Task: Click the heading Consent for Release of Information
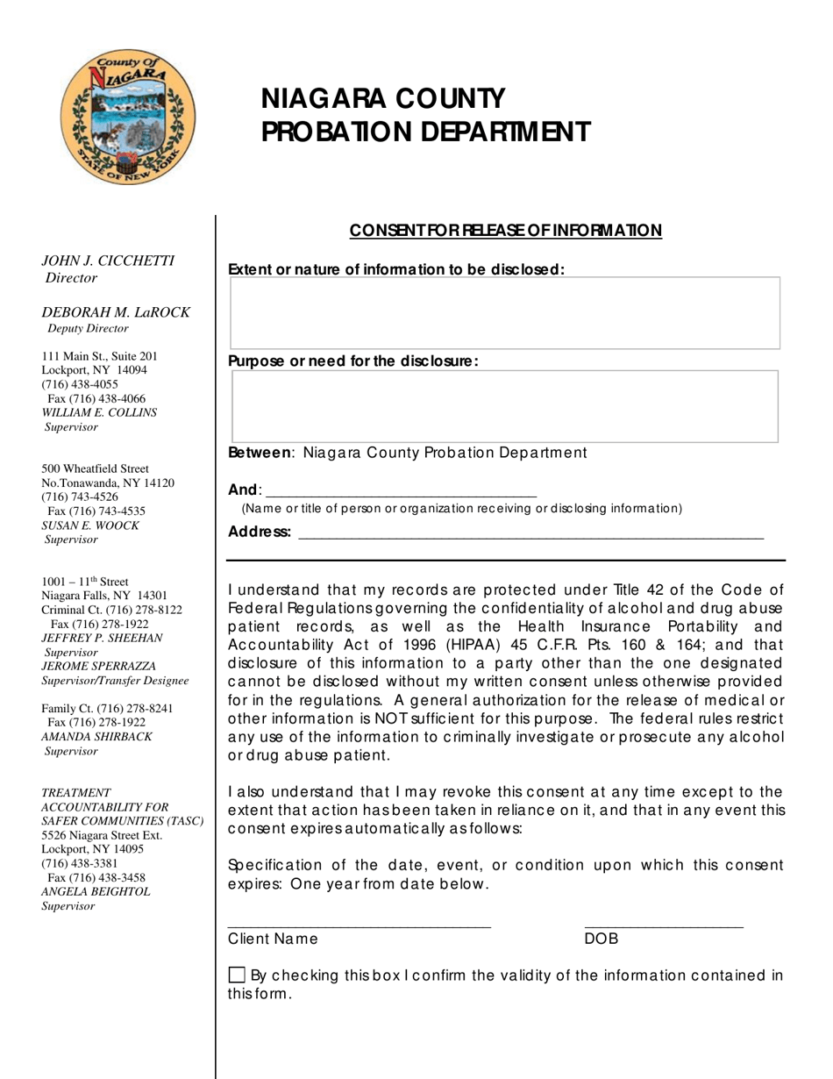pyautogui.click(x=505, y=231)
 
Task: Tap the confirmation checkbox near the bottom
pyautogui.click(x=236, y=975)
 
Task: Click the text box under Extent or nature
pyautogui.click(x=505, y=313)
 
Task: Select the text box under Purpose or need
pyautogui.click(x=505, y=406)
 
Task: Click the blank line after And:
pyautogui.click(x=401, y=490)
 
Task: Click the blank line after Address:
pyautogui.click(x=531, y=532)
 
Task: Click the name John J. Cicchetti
pyautogui.click(x=109, y=261)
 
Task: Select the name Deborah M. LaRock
pyautogui.click(x=116, y=312)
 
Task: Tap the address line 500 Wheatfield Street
pyautogui.click(x=96, y=469)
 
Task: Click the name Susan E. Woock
pyautogui.click(x=90, y=525)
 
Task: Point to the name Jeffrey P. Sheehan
pyautogui.click(x=102, y=639)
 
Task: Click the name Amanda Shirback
pyautogui.click(x=96, y=737)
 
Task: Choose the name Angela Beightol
pyautogui.click(x=96, y=891)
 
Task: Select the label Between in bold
pyautogui.click(x=260, y=453)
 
